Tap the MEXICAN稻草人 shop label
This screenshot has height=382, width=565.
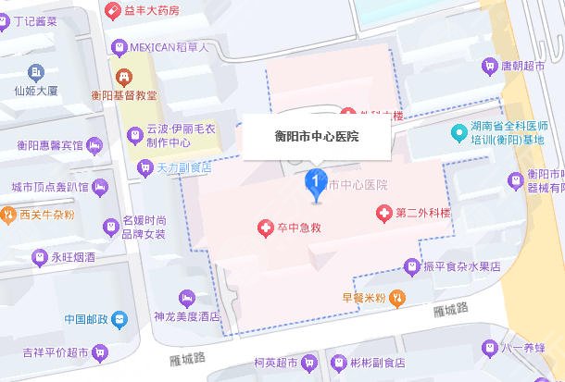(x=173, y=46)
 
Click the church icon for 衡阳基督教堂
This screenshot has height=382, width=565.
(x=121, y=74)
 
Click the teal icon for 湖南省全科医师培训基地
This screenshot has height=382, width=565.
(x=458, y=132)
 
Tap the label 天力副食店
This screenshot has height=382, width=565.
(x=183, y=167)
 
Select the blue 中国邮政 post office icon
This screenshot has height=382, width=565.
(x=120, y=320)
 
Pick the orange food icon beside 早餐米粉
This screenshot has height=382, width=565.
(x=396, y=298)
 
